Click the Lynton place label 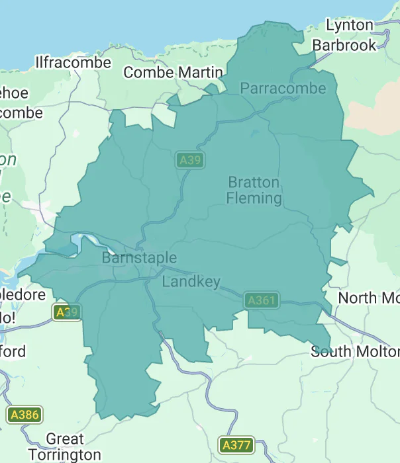350,25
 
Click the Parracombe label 283,89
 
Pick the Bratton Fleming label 254,190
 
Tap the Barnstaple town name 139,258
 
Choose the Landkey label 191,282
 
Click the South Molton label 355,351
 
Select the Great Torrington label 64,446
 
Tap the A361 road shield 261,301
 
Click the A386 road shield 25,415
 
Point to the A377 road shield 236,445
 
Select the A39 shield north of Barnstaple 190,160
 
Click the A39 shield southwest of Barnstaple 67,312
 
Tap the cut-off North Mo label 368,298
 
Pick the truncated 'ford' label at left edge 13,351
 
